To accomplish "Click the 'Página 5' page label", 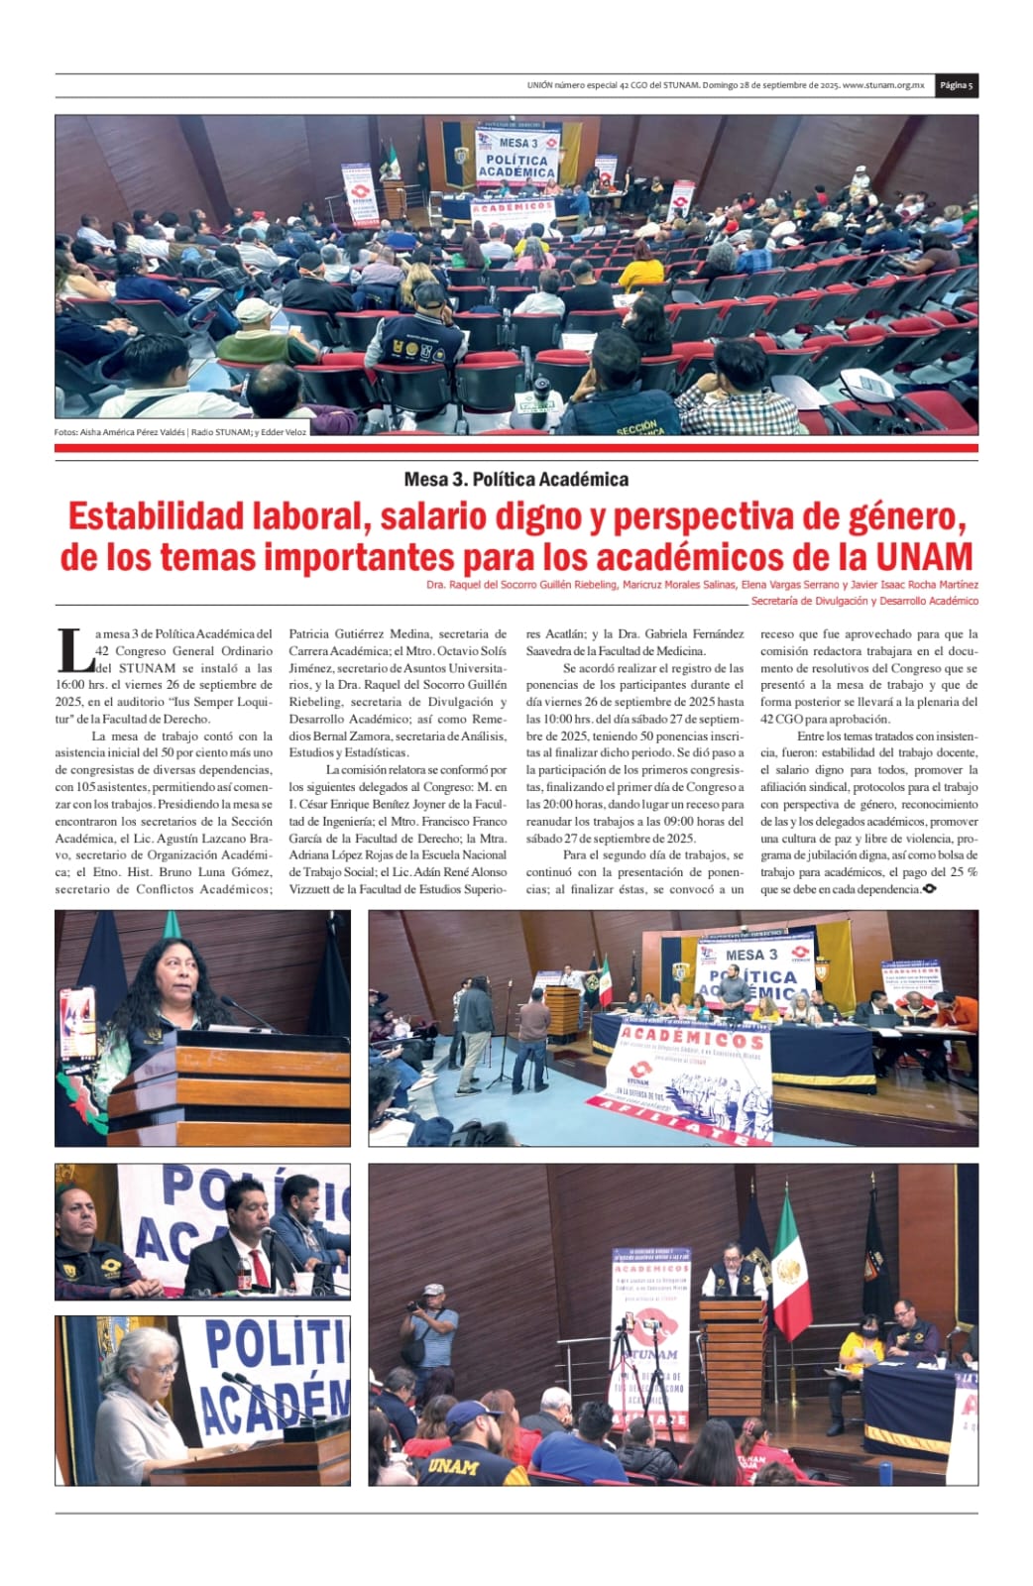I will pos(957,85).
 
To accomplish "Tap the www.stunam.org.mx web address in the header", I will pos(883,85).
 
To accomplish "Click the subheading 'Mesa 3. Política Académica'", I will pos(516,479).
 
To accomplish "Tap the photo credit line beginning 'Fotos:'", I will pos(180,431).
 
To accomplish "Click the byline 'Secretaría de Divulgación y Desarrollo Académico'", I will pos(863,601).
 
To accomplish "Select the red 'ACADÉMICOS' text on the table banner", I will pos(692,1040).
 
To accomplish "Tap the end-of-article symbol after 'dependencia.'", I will pos(929,889).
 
